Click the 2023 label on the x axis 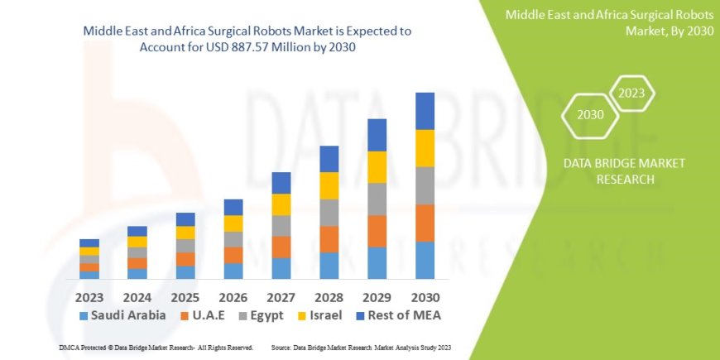point(89,296)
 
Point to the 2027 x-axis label point(281,296)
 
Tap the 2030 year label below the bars point(425,296)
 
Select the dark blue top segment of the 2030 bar point(425,111)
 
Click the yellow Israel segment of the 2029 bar point(377,167)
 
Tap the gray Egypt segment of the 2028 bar point(329,213)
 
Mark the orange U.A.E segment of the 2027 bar point(281,247)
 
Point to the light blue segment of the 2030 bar point(425,260)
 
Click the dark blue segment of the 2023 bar point(89,242)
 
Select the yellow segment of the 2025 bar point(185,233)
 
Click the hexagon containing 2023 point(631,94)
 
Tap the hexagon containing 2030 point(590,115)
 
